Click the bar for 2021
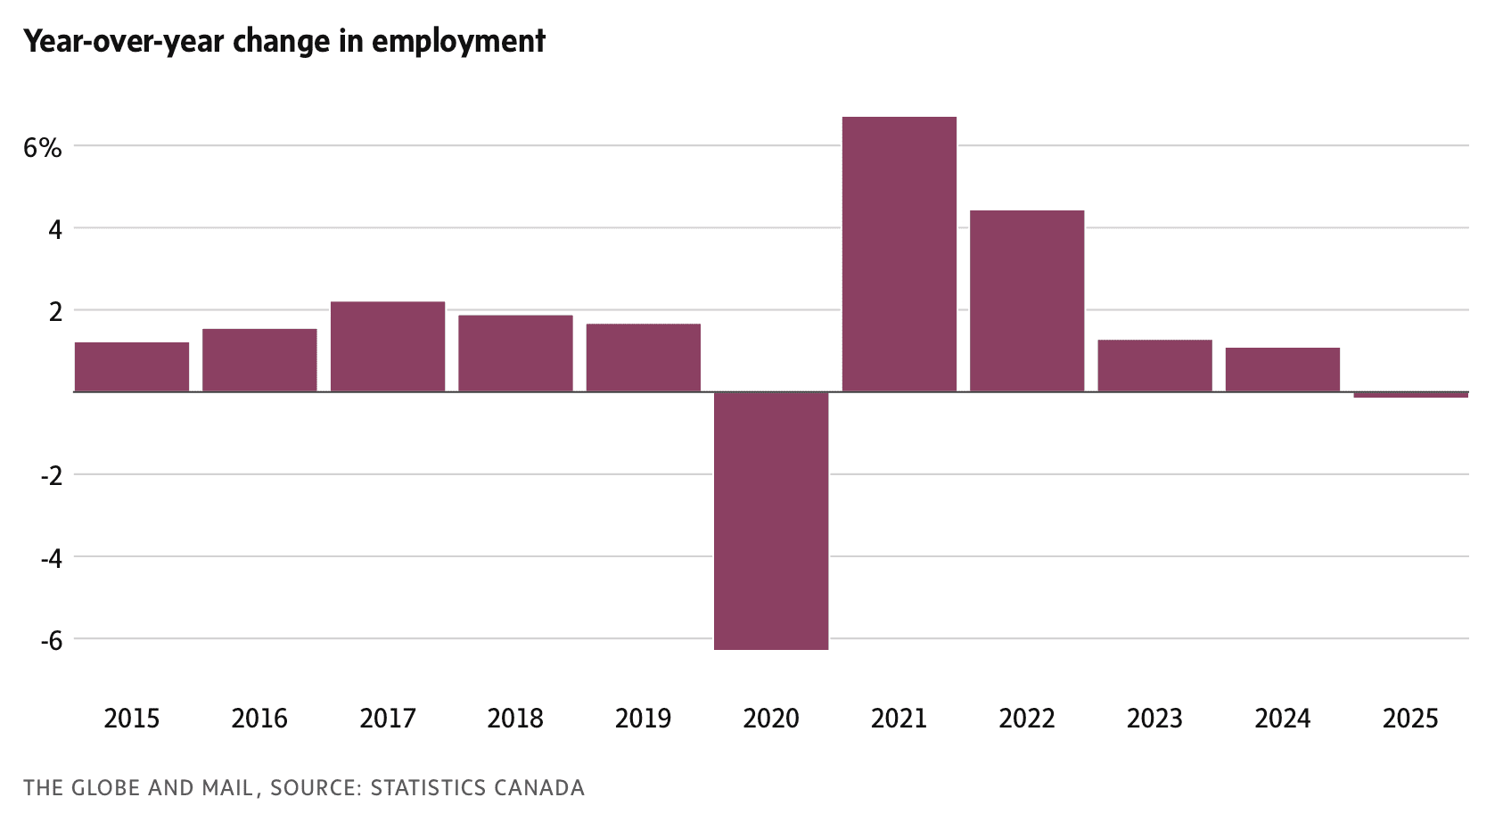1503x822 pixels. (x=899, y=254)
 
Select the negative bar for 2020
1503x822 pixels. (x=771, y=521)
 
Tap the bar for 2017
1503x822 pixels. (x=388, y=347)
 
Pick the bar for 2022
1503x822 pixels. (x=1027, y=301)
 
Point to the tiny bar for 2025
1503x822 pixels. (x=1410, y=394)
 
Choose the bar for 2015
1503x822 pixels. (x=132, y=366)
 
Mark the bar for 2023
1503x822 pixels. (x=1154, y=366)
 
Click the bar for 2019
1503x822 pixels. (x=644, y=358)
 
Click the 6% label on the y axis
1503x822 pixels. (x=43, y=148)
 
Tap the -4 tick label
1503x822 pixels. (x=51, y=558)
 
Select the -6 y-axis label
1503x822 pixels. (x=51, y=640)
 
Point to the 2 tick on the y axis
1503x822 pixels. (x=56, y=312)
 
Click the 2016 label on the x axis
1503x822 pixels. (x=259, y=719)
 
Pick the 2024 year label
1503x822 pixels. (x=1282, y=719)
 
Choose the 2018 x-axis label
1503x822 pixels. (x=515, y=719)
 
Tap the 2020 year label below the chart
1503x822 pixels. (x=771, y=719)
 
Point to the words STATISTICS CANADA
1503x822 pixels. (x=478, y=788)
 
